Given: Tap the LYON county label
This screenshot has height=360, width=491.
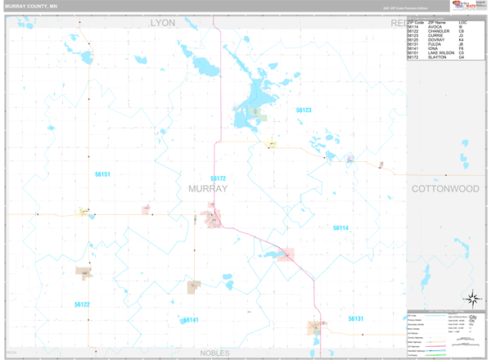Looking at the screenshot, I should tap(163, 23).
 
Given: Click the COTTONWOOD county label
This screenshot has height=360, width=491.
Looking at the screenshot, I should tap(444, 188).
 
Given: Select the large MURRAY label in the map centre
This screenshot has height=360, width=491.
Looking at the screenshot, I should tap(208, 188).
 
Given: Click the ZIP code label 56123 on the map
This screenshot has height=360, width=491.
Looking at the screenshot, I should tap(304, 110).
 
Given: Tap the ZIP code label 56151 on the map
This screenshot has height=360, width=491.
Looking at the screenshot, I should tap(102, 174).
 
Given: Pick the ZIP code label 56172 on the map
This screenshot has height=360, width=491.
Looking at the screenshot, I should tap(218, 178).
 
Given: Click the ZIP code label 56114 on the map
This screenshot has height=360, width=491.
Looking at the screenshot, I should tap(340, 227).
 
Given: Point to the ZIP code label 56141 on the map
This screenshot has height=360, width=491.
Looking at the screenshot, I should tap(191, 320).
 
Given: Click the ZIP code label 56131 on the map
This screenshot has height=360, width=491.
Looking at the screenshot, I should tap(355, 318).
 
